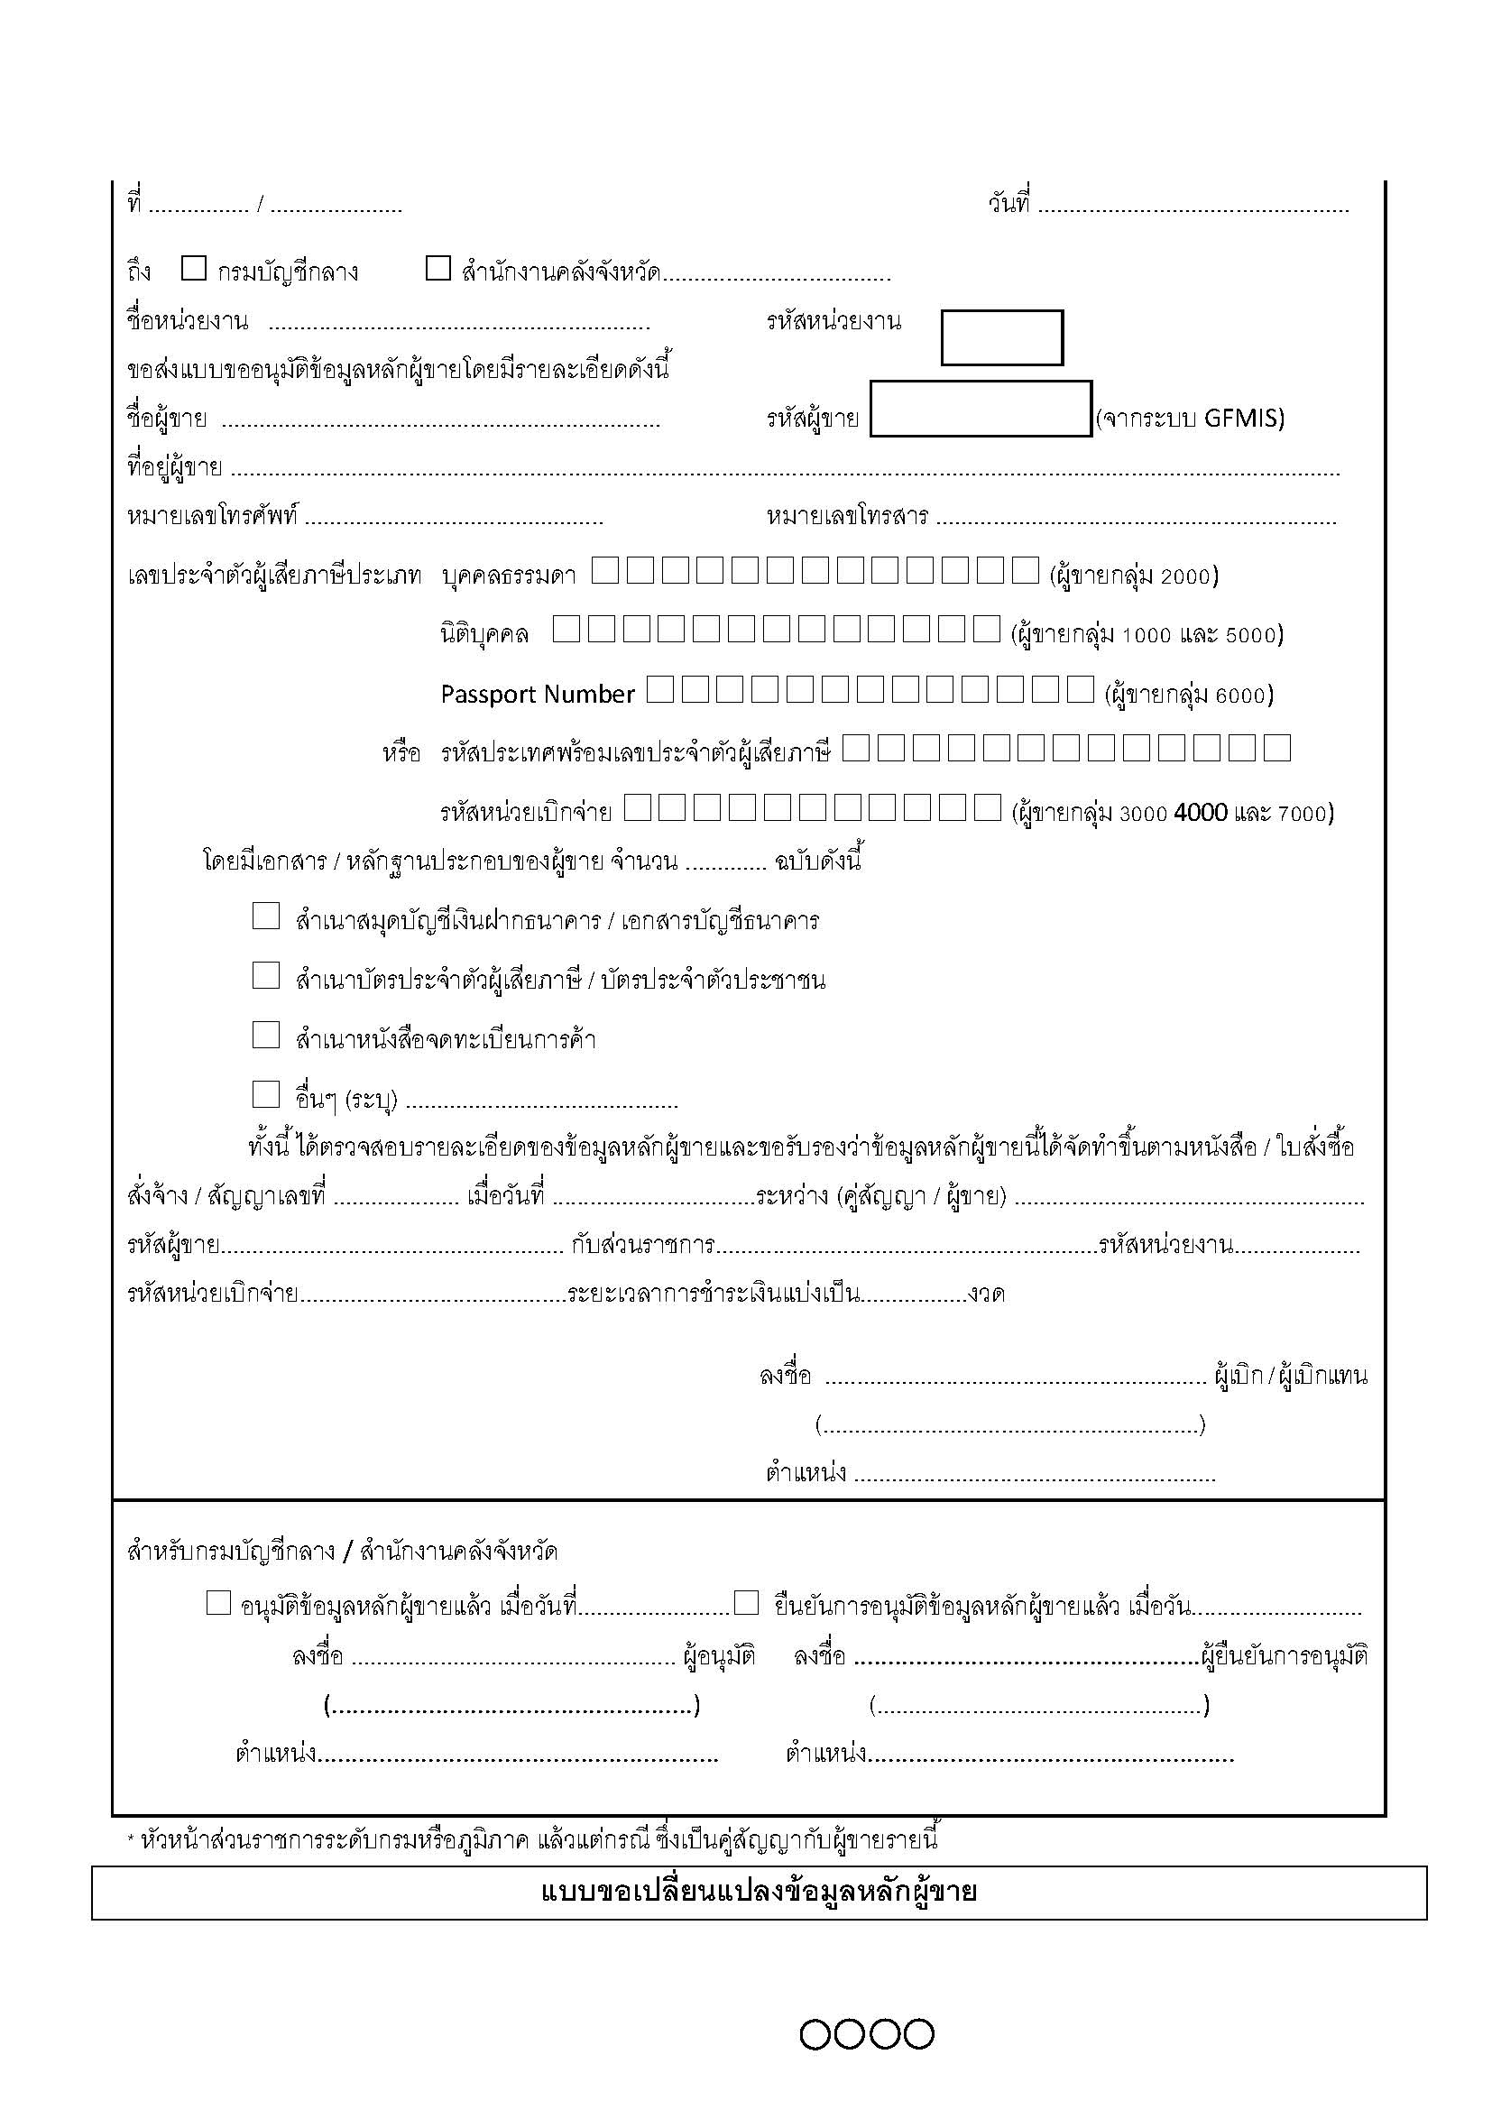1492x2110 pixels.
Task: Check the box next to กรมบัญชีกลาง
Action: point(193,268)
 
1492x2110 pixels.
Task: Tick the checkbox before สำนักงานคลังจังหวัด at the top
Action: point(438,268)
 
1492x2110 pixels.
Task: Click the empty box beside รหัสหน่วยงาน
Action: point(1001,337)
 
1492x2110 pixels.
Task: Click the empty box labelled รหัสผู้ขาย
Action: point(981,409)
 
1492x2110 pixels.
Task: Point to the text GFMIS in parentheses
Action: point(1242,419)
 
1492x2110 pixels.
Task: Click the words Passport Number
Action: point(538,694)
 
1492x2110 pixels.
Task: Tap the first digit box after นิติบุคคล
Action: point(566,630)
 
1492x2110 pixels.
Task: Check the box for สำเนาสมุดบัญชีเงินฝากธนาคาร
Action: point(265,917)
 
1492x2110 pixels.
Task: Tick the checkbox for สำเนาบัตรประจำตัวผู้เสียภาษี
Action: point(265,976)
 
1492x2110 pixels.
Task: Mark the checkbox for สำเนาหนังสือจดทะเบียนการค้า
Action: point(265,1036)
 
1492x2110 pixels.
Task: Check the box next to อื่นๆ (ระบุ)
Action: point(265,1094)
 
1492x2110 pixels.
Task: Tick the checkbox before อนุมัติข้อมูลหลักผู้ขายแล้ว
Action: point(217,1604)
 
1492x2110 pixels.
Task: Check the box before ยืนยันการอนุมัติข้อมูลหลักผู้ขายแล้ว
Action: point(746,1604)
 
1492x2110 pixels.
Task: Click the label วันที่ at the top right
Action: point(1009,202)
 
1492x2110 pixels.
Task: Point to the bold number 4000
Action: point(1201,813)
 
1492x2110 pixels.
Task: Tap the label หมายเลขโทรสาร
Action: point(847,517)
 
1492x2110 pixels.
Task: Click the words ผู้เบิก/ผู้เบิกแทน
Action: point(1290,1376)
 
